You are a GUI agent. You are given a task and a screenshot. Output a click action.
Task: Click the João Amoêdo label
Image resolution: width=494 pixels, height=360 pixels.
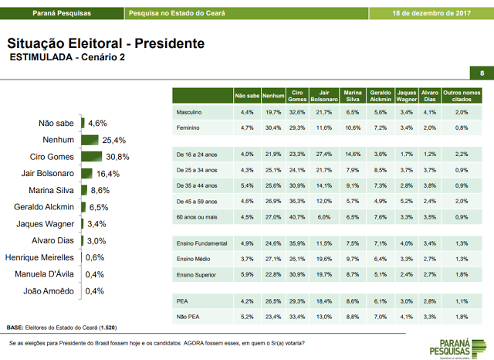[x=52, y=291]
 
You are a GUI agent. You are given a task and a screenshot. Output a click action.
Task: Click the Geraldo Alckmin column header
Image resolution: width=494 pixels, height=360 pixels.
[x=380, y=96]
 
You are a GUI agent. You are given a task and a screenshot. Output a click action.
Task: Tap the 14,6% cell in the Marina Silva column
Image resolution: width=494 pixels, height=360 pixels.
[x=353, y=154]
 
